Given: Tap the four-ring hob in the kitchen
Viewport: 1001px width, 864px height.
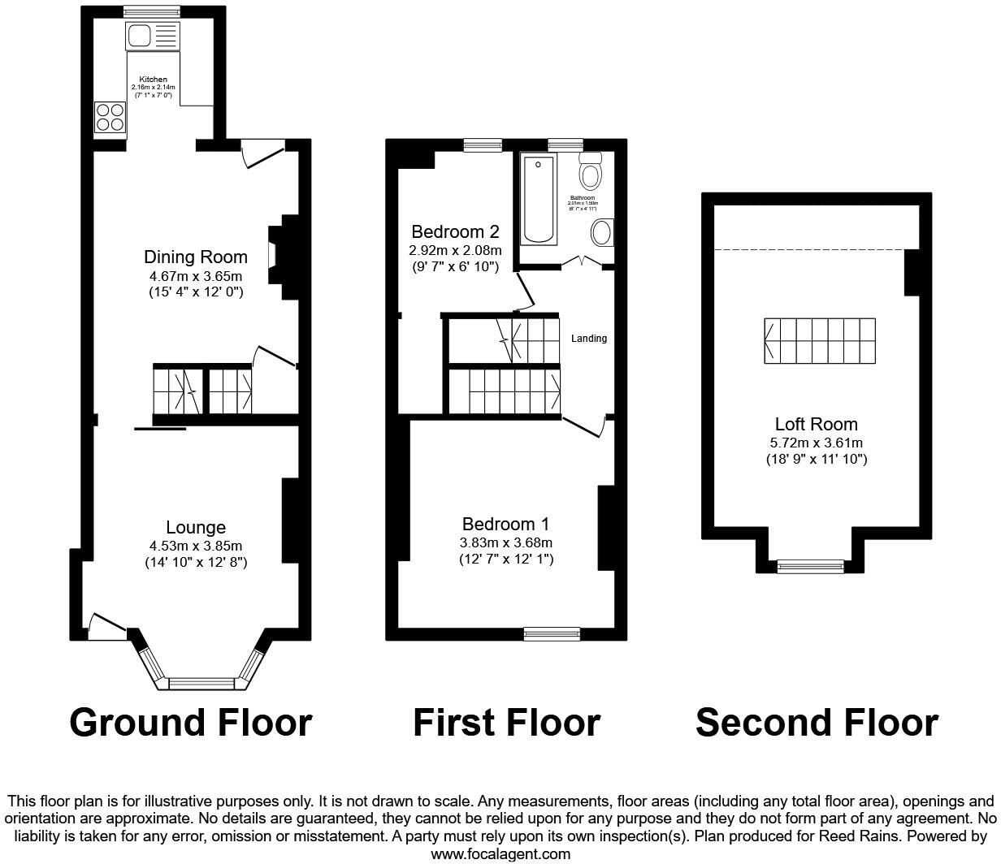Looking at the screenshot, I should tap(110, 117).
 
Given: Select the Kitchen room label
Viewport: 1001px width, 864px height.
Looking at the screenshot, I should tap(153, 80).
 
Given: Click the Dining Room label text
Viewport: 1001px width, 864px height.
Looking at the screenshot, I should tap(195, 257).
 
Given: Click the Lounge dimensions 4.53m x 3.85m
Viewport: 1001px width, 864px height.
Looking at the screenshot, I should tap(195, 546).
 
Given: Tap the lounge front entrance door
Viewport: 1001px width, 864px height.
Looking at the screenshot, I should tap(106, 626).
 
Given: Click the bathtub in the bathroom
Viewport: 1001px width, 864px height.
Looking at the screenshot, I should tap(539, 198).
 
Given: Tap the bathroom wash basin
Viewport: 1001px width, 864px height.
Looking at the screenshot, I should tap(602, 232).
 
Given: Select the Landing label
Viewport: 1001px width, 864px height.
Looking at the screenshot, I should tap(588, 339).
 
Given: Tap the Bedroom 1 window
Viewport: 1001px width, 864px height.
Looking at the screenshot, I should tap(552, 633).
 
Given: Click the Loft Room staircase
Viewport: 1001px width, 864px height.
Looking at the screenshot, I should tap(819, 340).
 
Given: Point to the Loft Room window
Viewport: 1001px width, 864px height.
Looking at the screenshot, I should tap(809, 566).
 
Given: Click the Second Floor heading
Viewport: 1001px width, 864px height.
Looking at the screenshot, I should tap(817, 722).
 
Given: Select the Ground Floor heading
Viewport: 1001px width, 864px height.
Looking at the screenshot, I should tap(191, 722).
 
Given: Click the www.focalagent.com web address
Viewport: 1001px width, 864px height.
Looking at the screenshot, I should tap(500, 853).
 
